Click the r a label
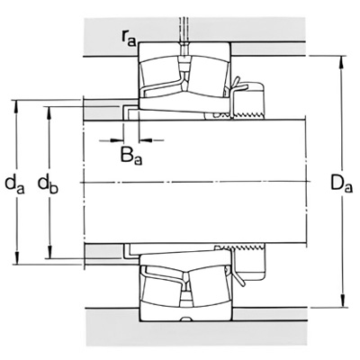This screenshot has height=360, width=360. tap(129, 39)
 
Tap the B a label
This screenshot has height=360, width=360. tap(131, 156)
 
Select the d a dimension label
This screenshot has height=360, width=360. tap(14, 184)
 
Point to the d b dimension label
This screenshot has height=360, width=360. tap(48, 184)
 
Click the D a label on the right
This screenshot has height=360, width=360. tap(341, 184)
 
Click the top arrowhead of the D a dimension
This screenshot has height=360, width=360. tap(342, 62)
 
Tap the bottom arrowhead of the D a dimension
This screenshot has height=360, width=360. tap(342, 301)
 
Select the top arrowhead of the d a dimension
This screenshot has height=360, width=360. tap(17, 106)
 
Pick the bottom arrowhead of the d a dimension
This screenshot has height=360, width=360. tap(17, 258)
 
